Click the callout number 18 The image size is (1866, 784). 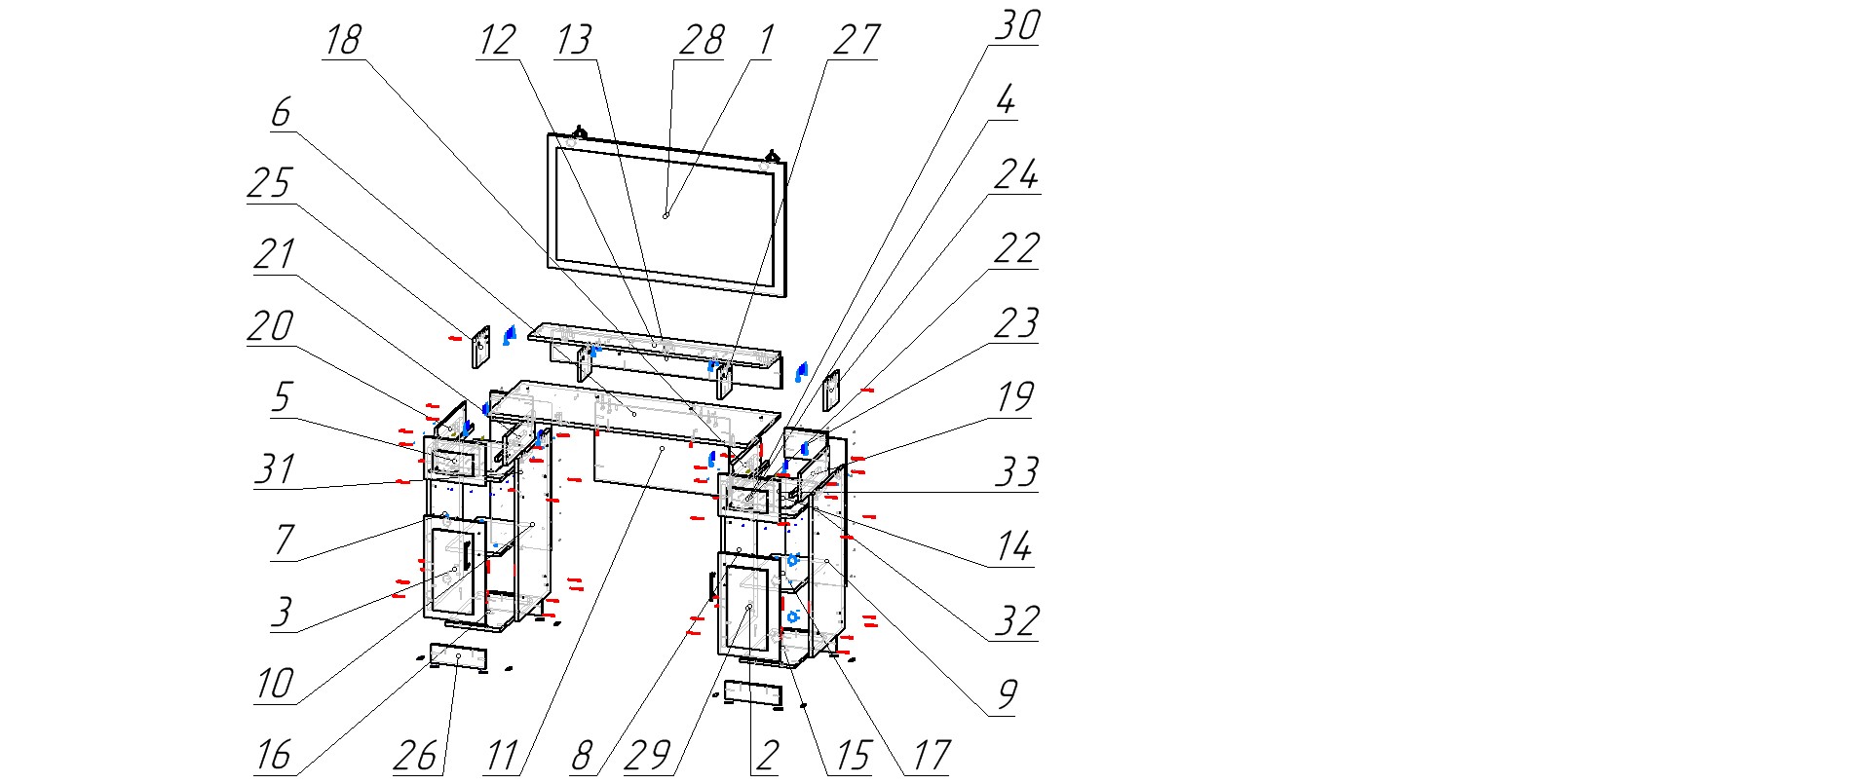(x=342, y=41)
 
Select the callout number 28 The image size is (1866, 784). (x=702, y=41)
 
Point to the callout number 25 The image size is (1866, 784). (x=269, y=183)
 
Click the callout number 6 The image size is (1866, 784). (x=281, y=113)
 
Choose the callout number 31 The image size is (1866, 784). (x=275, y=469)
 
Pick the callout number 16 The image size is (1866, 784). (x=274, y=755)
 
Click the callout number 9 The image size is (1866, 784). (x=1007, y=694)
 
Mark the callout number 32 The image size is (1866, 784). (x=1015, y=621)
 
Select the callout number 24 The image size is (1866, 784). (x=1015, y=175)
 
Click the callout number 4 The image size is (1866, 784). (x=1006, y=100)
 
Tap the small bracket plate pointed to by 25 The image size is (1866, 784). (x=481, y=348)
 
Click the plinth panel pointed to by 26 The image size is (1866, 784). (x=458, y=657)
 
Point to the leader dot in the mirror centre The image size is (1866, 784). (x=666, y=215)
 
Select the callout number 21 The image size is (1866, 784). (x=274, y=255)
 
